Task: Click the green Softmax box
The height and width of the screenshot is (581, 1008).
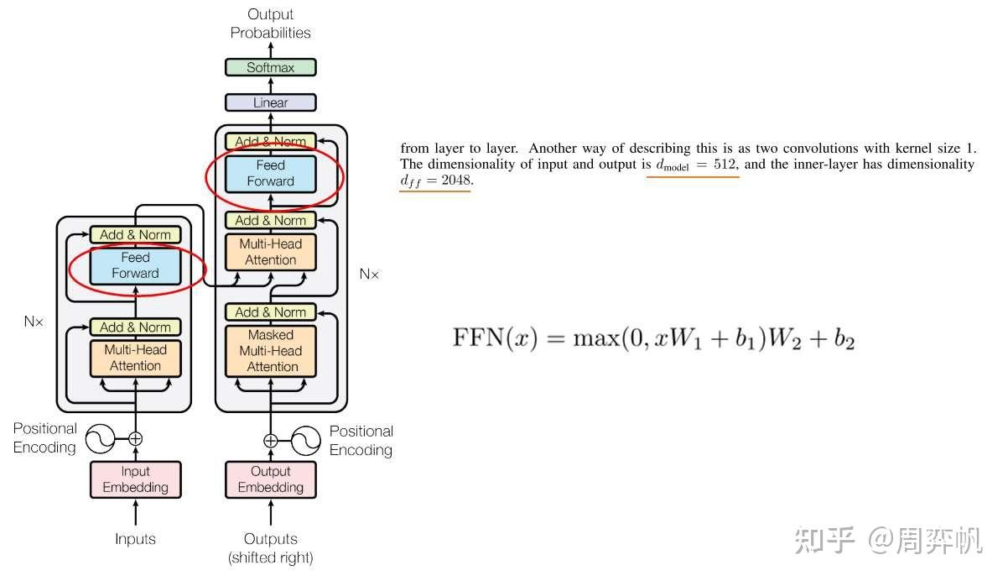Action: [x=270, y=67]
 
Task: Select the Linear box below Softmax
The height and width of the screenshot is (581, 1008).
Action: [x=270, y=102]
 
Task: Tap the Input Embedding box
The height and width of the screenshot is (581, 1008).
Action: [x=135, y=479]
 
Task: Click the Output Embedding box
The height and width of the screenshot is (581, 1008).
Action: [x=270, y=479]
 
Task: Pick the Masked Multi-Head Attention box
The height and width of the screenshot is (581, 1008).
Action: [x=270, y=350]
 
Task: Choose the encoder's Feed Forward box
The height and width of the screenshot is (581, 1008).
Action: [x=135, y=265]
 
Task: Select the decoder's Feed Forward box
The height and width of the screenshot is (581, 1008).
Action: [x=270, y=173]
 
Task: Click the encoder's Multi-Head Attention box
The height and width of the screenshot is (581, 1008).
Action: [x=135, y=358]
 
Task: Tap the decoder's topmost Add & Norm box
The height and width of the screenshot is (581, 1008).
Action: [x=270, y=141]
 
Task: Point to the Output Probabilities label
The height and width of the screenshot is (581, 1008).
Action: [x=270, y=24]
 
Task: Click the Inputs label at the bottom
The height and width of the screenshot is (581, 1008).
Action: [x=135, y=539]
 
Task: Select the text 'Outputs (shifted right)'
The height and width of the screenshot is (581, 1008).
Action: [x=270, y=547]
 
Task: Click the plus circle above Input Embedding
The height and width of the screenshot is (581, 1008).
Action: [x=135, y=438]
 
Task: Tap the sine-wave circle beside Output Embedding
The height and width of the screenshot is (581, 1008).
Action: [x=305, y=440]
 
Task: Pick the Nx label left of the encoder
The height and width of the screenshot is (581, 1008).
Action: [x=33, y=321]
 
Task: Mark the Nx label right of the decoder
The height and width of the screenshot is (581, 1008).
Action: [x=369, y=274]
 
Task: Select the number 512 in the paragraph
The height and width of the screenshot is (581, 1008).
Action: [x=725, y=165]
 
